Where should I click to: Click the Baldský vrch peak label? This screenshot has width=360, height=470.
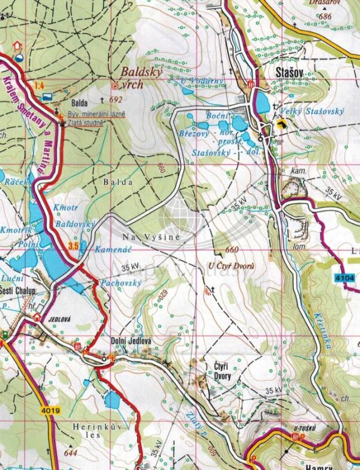click(x=142, y=78)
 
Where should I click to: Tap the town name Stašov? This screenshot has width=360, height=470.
click(x=289, y=73)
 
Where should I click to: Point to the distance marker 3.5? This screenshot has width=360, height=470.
click(x=73, y=246)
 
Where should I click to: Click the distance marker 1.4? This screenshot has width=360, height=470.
click(x=40, y=85)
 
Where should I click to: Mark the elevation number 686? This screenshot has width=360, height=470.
click(x=324, y=16)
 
